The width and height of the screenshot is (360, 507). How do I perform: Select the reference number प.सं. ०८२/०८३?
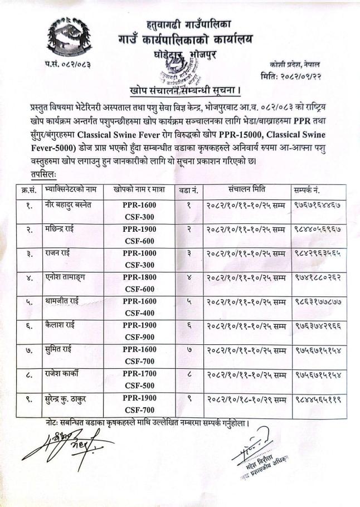click(67, 66)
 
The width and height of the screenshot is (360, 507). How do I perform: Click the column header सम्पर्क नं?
click(315, 189)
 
